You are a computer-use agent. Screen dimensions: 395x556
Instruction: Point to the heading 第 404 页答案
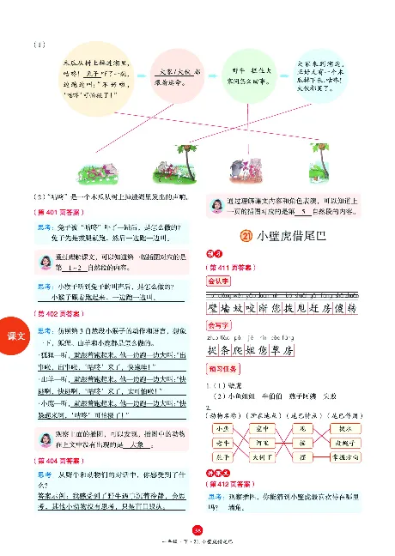50,461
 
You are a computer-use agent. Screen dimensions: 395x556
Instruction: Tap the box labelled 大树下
266,458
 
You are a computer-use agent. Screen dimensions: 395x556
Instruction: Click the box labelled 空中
265,426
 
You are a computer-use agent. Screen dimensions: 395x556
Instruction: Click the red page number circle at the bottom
197,530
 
